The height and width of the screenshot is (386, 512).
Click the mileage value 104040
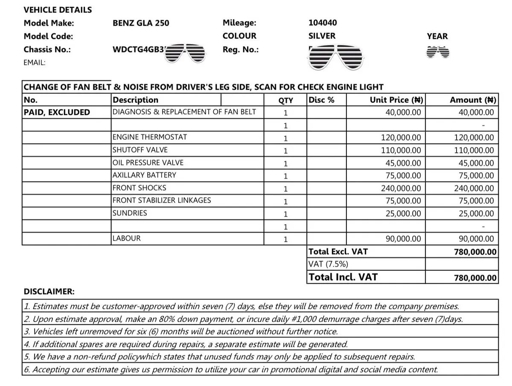323,23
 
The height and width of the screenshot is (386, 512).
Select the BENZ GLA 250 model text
141,23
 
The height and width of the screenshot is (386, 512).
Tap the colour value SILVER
322,36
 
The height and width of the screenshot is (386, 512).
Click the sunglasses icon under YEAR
438,52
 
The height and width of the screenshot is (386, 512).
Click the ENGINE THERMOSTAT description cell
149,137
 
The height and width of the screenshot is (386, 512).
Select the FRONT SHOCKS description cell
139,188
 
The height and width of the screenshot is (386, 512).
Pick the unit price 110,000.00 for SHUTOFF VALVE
401,150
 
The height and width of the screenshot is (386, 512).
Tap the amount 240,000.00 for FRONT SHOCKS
474,188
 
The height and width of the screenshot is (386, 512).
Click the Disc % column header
321,100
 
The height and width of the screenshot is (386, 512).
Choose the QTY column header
285,100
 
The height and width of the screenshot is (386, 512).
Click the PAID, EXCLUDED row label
57,112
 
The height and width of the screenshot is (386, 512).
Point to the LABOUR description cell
126,238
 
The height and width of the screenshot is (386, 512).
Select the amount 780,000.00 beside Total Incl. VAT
475,278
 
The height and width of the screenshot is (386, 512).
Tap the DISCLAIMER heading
49,292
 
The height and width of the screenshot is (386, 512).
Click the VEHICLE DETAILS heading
58,9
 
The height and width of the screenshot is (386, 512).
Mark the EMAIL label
35,62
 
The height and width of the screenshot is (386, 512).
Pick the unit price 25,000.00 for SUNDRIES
403,213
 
